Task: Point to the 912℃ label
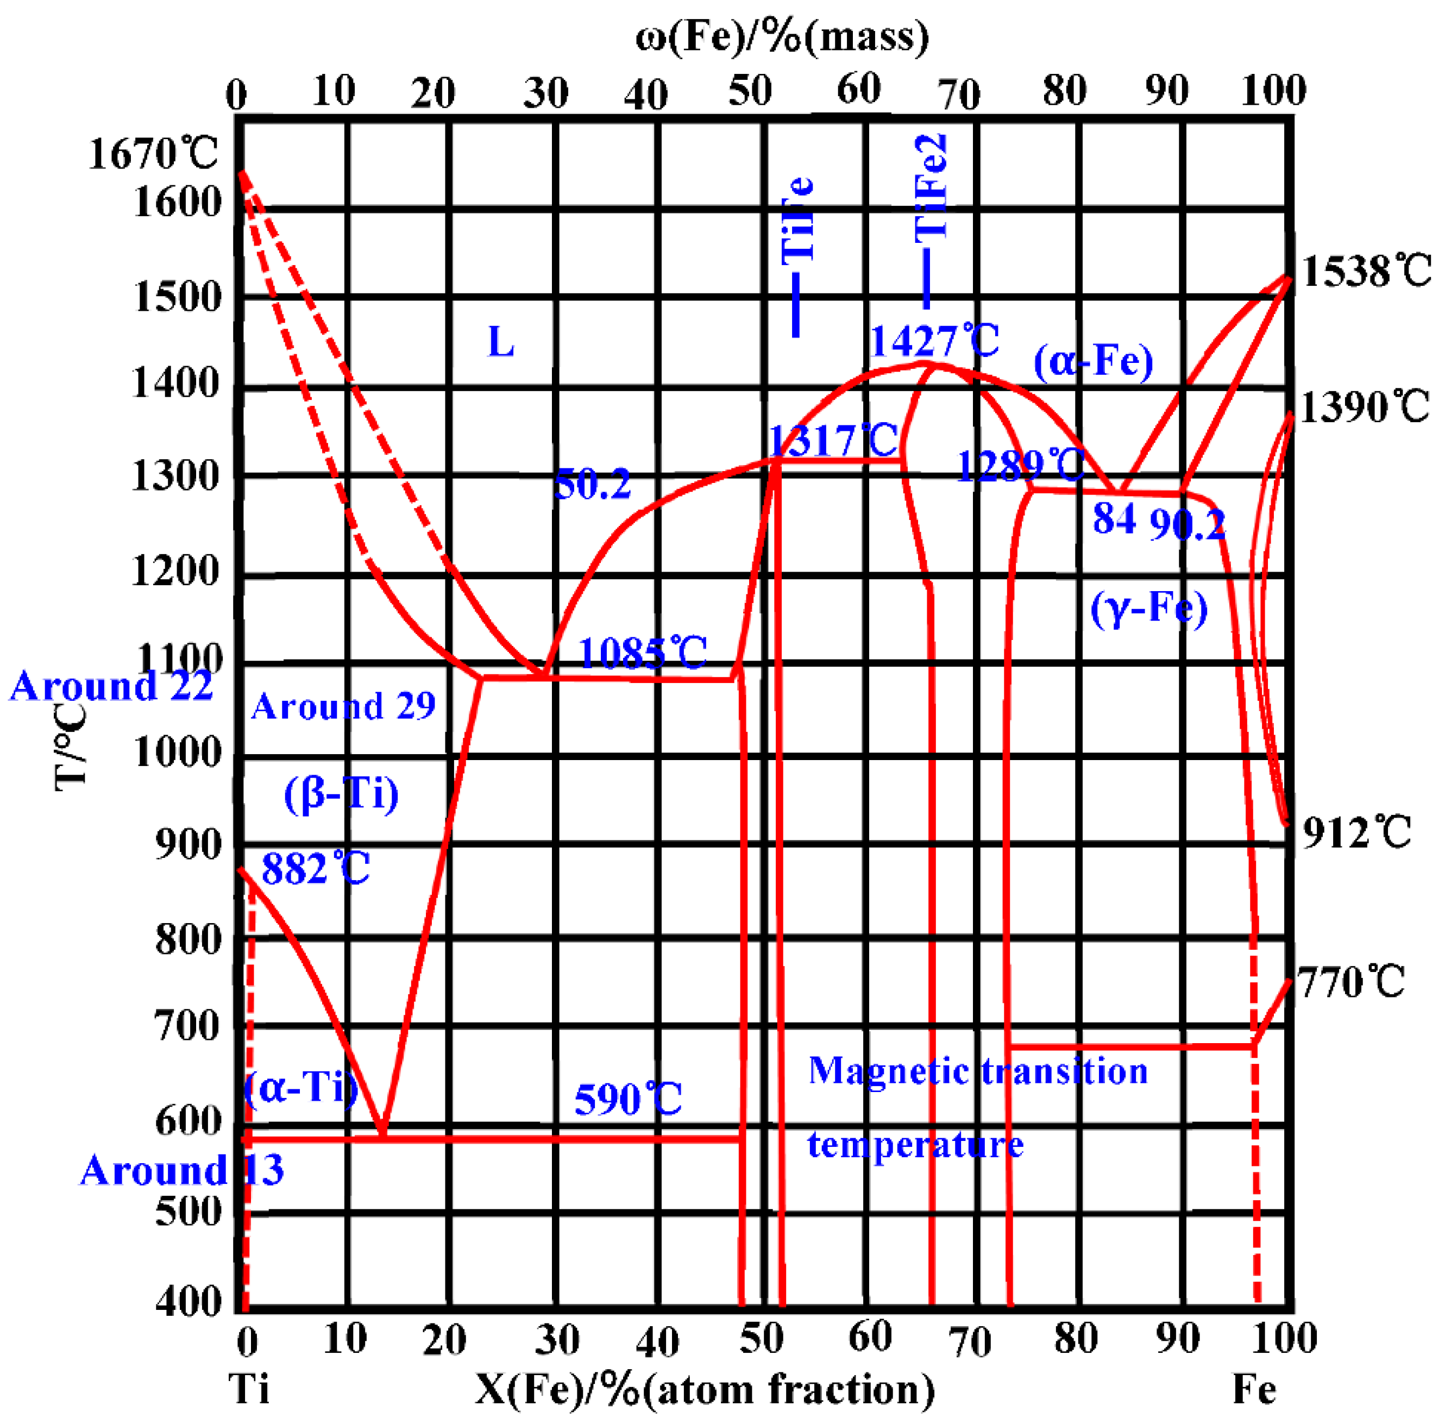(1356, 832)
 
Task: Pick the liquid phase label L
(500, 342)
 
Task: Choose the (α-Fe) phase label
(1093, 362)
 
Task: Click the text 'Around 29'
(343, 706)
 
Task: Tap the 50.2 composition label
(592, 485)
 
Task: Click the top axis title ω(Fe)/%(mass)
(782, 36)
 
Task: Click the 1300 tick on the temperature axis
(177, 476)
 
